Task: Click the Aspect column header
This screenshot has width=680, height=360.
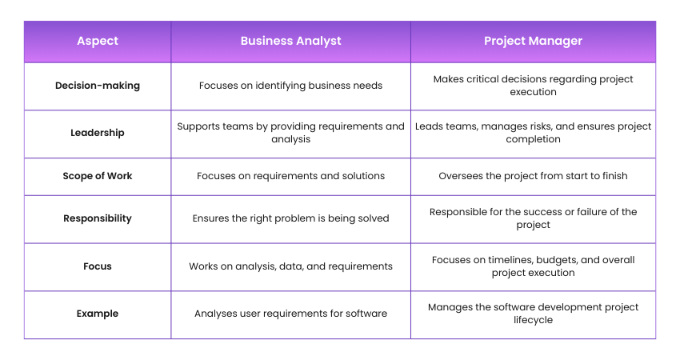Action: (x=97, y=42)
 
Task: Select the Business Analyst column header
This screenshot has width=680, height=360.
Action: (x=290, y=42)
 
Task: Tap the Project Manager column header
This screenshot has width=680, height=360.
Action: (x=533, y=42)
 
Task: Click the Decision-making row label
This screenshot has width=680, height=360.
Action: (x=97, y=86)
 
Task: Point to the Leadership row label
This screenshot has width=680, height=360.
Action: (x=97, y=133)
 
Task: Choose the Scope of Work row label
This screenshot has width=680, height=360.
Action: (x=97, y=176)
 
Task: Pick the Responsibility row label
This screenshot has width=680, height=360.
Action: (x=97, y=218)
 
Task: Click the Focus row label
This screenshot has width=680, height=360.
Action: (x=97, y=266)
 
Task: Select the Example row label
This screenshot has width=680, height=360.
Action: (x=97, y=314)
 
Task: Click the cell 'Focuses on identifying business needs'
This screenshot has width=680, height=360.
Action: (x=290, y=86)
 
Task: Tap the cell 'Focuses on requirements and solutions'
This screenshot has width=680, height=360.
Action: (x=290, y=176)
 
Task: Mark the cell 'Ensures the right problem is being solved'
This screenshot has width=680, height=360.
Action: (x=290, y=218)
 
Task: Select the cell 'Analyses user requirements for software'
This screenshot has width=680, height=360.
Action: (x=290, y=314)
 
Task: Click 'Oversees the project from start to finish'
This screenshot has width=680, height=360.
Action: (x=533, y=176)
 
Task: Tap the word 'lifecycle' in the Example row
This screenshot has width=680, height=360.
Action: (x=533, y=320)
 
